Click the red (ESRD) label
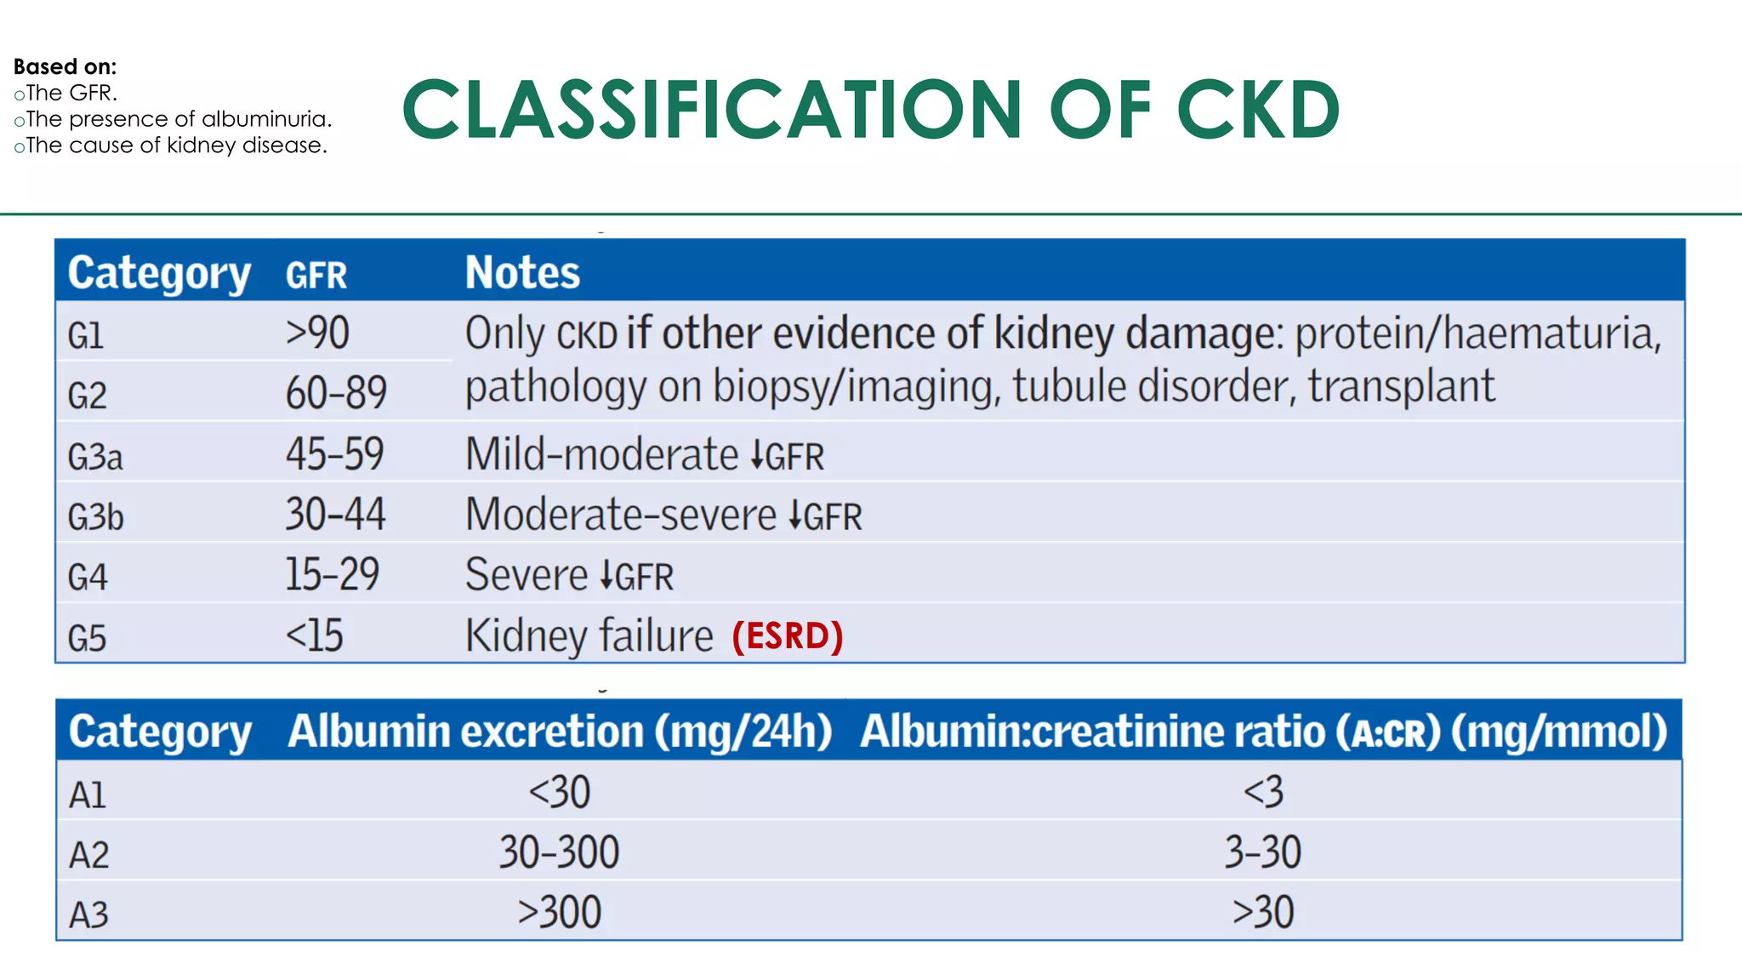pyautogui.click(x=788, y=636)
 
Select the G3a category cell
pyautogui.click(x=95, y=457)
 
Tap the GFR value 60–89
pyautogui.click(x=336, y=393)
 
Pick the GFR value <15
pyautogui.click(x=314, y=635)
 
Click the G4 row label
pyautogui.click(x=88, y=578)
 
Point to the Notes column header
pyautogui.click(x=522, y=273)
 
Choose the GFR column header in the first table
pyautogui.click(x=316, y=276)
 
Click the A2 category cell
pyautogui.click(x=89, y=855)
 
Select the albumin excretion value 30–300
pyautogui.click(x=559, y=852)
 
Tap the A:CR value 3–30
pyautogui.click(x=1262, y=852)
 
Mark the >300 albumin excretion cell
pyautogui.click(x=559, y=913)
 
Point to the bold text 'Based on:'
pyautogui.click(x=65, y=66)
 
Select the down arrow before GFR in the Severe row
pyautogui.click(x=606, y=576)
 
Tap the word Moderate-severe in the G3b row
pyautogui.click(x=621, y=516)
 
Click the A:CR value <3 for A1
pyautogui.click(x=1263, y=792)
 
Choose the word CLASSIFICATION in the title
pyautogui.click(x=713, y=110)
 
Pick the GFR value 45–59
pyautogui.click(x=334, y=453)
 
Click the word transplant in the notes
pyautogui.click(x=1401, y=386)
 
